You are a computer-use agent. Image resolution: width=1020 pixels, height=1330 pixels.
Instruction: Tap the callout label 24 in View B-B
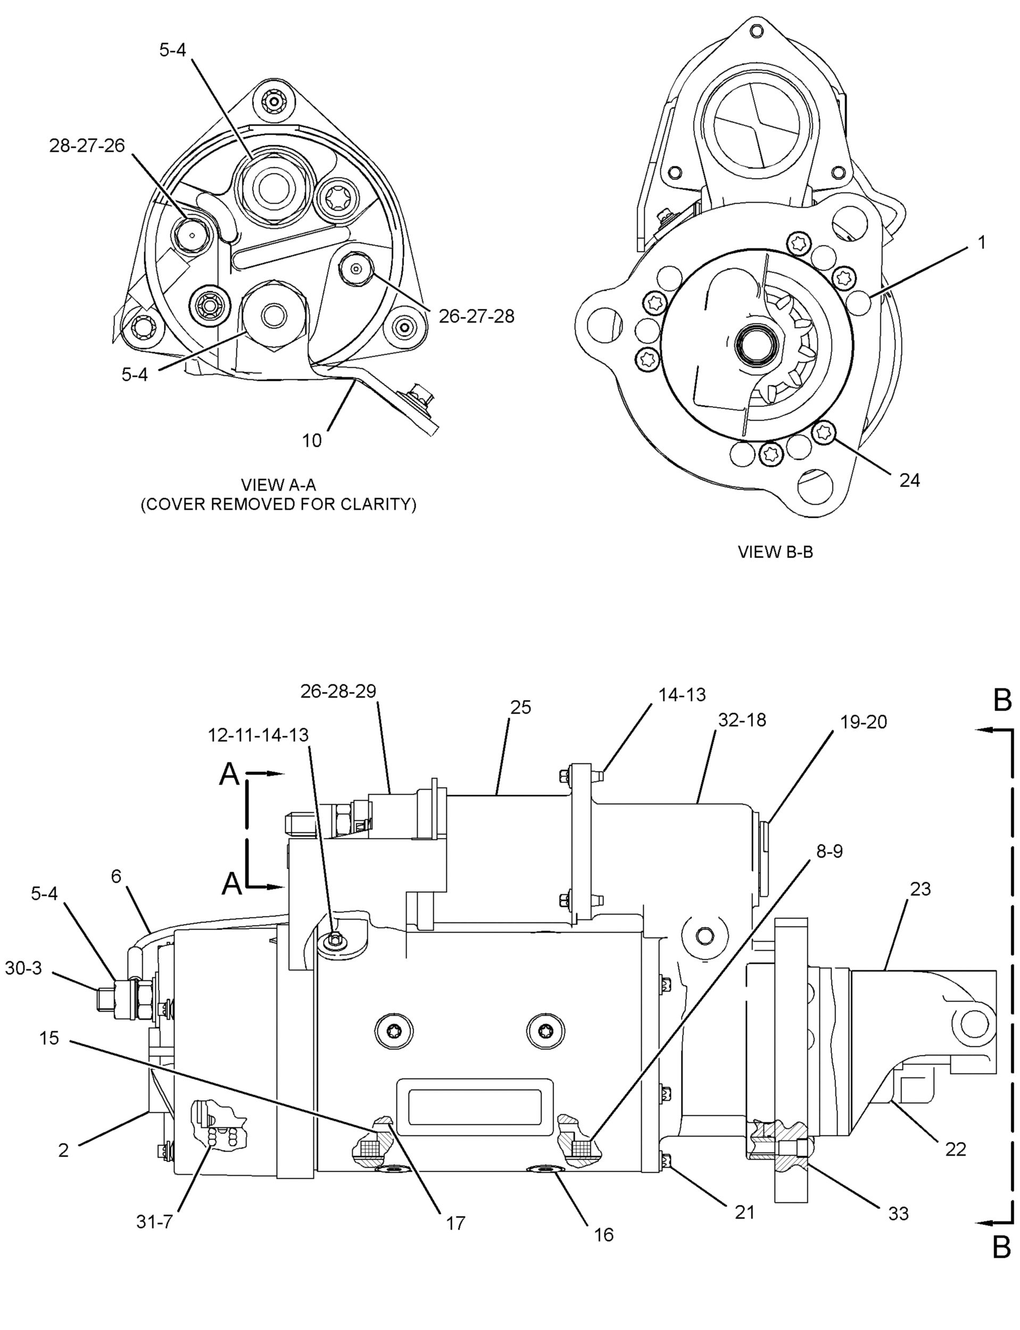click(x=909, y=480)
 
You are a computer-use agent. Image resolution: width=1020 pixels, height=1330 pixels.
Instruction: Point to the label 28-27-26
click(x=87, y=146)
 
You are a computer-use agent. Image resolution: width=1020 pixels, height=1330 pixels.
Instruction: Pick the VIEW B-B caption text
click(x=775, y=552)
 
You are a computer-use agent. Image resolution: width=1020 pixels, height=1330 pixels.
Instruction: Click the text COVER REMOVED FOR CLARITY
click(x=279, y=504)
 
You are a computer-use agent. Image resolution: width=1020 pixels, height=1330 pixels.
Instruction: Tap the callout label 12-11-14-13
click(x=258, y=735)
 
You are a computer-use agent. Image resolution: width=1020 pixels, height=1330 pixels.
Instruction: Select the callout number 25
click(x=520, y=707)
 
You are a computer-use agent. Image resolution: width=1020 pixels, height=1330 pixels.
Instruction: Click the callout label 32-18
click(x=742, y=720)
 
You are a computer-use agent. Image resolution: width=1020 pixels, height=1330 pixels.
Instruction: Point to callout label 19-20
click(x=864, y=722)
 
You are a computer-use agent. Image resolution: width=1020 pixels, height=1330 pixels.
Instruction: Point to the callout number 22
click(x=956, y=1149)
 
